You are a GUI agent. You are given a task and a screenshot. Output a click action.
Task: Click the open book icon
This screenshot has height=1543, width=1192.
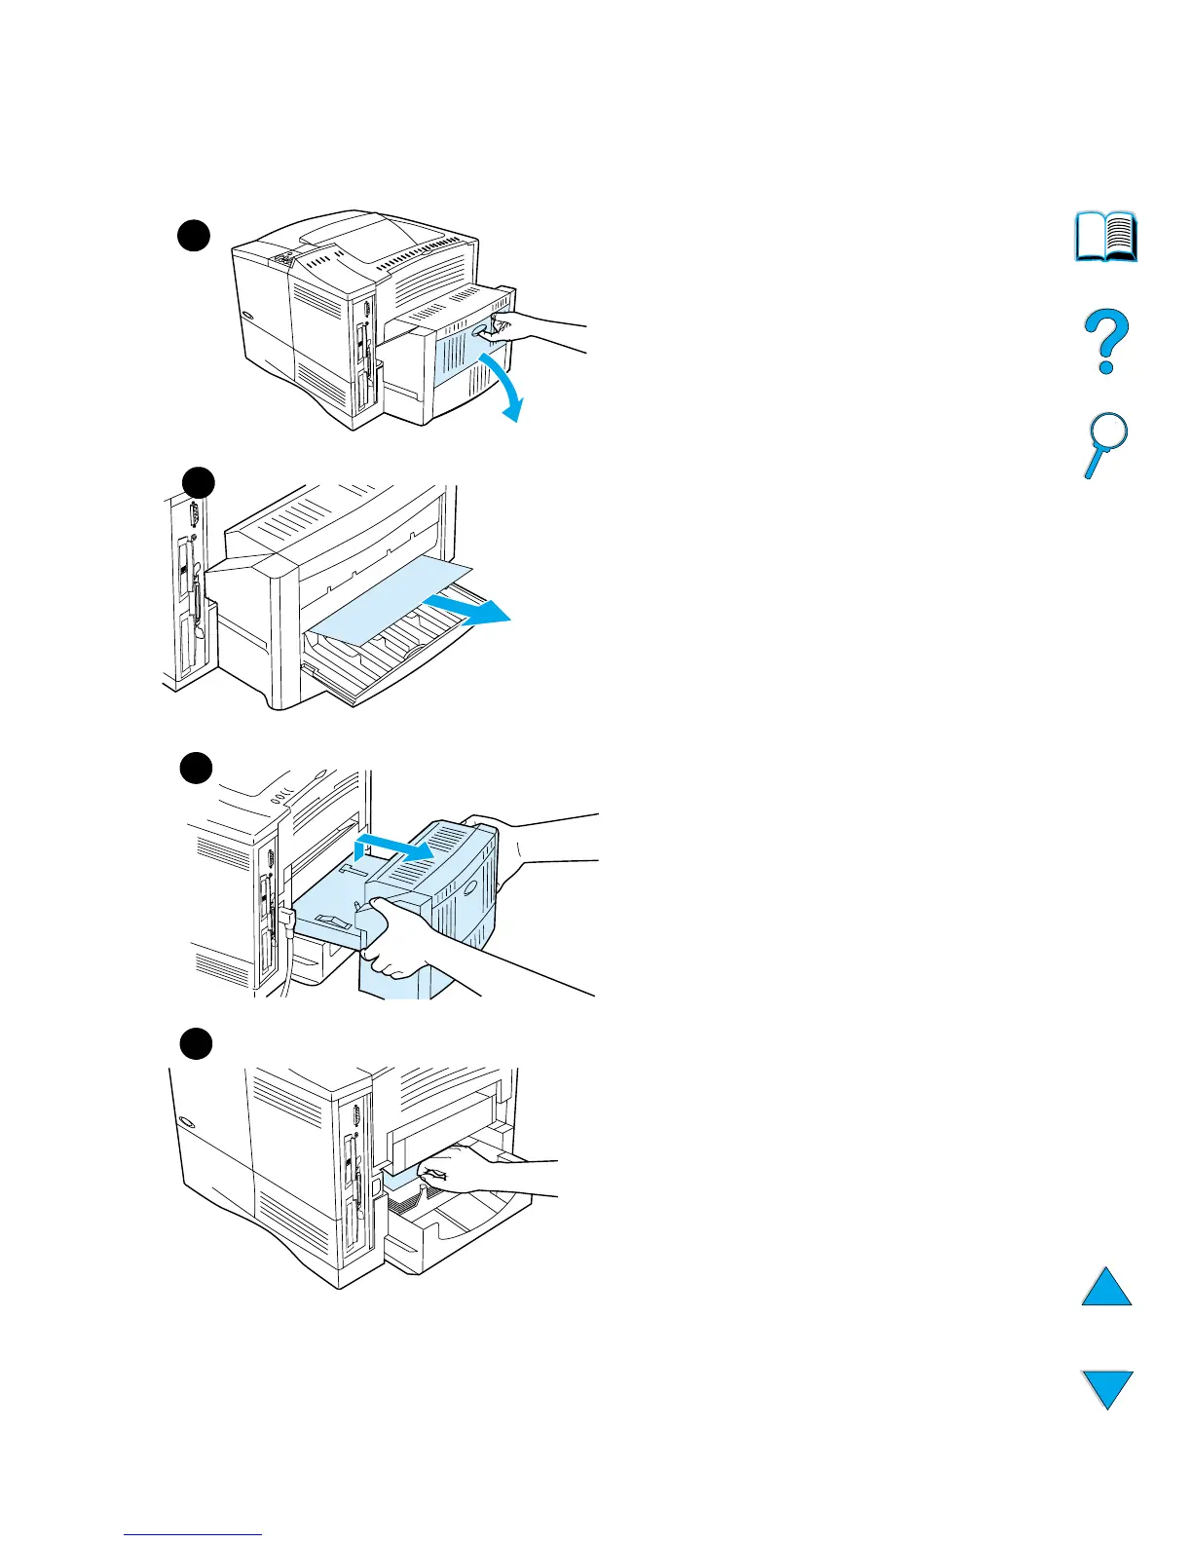(1106, 237)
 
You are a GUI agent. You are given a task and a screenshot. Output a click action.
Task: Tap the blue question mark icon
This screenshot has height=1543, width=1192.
(1106, 341)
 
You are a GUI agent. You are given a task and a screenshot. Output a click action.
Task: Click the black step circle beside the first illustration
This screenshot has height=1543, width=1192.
(195, 236)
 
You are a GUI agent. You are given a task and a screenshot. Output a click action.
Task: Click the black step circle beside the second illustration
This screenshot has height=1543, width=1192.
(199, 482)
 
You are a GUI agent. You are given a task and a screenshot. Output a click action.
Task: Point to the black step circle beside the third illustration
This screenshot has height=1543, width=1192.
(196, 768)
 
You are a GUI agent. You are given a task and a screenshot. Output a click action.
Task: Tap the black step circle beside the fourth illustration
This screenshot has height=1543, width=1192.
(196, 1043)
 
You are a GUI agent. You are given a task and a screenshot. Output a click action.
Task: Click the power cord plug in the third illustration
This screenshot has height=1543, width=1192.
(287, 919)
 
